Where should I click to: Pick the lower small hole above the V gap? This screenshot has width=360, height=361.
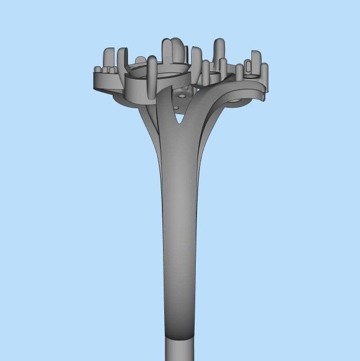click(178, 107)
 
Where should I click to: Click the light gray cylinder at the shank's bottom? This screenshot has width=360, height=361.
click(179, 350)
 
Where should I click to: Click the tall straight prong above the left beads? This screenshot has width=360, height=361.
click(109, 58)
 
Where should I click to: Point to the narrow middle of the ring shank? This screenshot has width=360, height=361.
click(179, 234)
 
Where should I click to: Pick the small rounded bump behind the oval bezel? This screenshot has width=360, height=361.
click(140, 60)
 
